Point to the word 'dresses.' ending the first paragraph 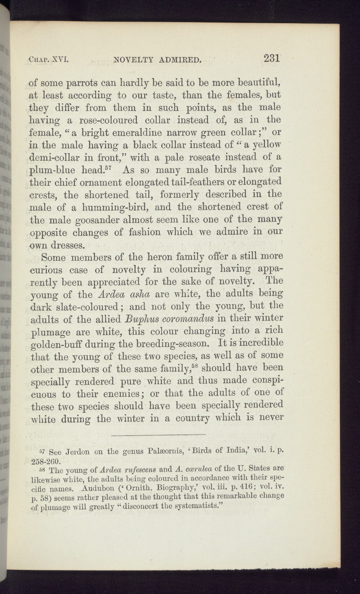coord(69,246)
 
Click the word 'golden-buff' coord(55,345)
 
